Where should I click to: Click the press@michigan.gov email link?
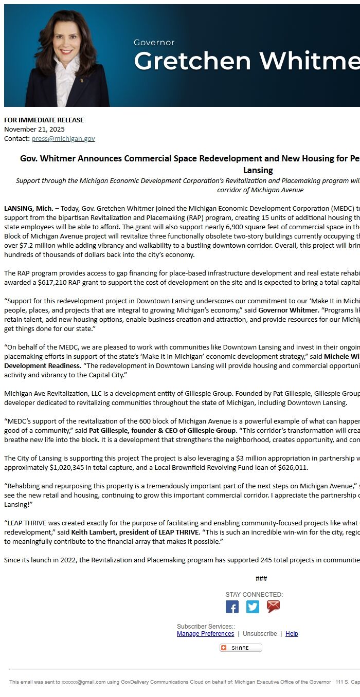pos(63,139)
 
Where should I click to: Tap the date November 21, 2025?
pos(34,130)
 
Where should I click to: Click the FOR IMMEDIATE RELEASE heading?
pos(44,120)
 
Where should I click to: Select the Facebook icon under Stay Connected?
pos(232,607)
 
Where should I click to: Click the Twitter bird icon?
pos(253,607)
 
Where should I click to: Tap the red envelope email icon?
pos(273,607)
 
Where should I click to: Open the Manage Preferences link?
pos(205,634)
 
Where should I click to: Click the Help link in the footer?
pos(292,634)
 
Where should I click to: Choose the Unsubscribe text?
pos(260,634)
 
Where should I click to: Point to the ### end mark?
pos(261,579)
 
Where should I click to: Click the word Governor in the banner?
pos(154,43)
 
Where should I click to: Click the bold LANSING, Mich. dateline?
pos(29,209)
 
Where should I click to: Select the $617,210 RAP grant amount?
pos(53,283)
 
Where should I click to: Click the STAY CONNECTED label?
pos(254,595)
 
